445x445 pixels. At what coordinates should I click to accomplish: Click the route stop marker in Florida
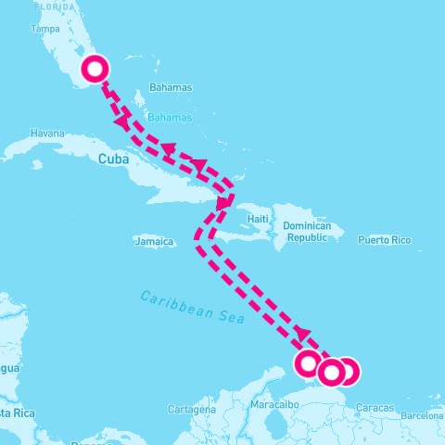point(95,69)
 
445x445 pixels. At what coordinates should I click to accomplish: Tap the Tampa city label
point(45,29)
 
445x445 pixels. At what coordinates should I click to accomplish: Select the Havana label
point(47,133)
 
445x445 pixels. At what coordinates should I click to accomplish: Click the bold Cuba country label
point(110,159)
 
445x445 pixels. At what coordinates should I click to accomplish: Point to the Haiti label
point(258,218)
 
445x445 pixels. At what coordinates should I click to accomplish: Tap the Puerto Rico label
point(384,239)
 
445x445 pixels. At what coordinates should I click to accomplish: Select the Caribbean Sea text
point(192,307)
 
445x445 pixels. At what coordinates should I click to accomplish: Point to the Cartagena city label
point(192,409)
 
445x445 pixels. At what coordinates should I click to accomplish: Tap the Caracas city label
point(375,408)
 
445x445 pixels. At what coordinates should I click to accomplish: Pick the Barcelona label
point(423,416)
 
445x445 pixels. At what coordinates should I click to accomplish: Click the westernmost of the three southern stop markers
point(310,363)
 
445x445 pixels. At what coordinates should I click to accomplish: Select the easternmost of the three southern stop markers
point(347,372)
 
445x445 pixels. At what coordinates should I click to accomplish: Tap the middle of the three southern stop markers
point(330,372)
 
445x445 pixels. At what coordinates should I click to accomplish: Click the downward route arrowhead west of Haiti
point(223,202)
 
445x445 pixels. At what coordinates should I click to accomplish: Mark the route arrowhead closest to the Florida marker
point(121,122)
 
